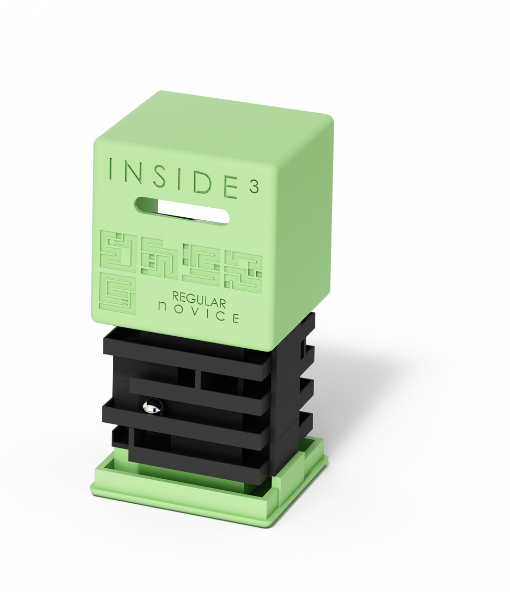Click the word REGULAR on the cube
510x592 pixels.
click(x=199, y=301)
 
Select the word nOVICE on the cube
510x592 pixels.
click(x=198, y=314)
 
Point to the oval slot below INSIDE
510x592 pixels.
click(x=182, y=210)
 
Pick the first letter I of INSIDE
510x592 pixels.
click(x=110, y=169)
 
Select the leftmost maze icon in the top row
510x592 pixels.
click(x=117, y=251)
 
